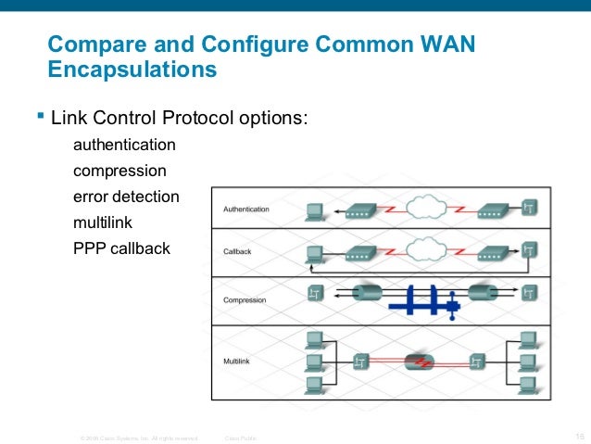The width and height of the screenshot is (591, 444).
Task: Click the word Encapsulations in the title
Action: point(132,70)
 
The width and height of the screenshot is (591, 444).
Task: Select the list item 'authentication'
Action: point(124,146)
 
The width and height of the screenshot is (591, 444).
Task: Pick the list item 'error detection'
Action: point(126,197)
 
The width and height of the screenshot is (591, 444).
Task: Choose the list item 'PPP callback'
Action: point(121,249)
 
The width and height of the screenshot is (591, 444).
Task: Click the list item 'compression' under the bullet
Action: point(119,171)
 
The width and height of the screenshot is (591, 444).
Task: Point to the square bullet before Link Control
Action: point(39,117)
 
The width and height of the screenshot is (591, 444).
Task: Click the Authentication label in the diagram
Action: point(245,209)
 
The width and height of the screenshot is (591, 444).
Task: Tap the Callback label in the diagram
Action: point(236,252)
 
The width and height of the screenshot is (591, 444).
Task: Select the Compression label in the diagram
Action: point(245,299)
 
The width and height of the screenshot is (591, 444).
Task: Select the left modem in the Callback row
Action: point(358,251)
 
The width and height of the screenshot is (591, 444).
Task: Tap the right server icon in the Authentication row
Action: point(530,207)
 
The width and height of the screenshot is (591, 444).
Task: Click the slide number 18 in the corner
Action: point(580,435)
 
